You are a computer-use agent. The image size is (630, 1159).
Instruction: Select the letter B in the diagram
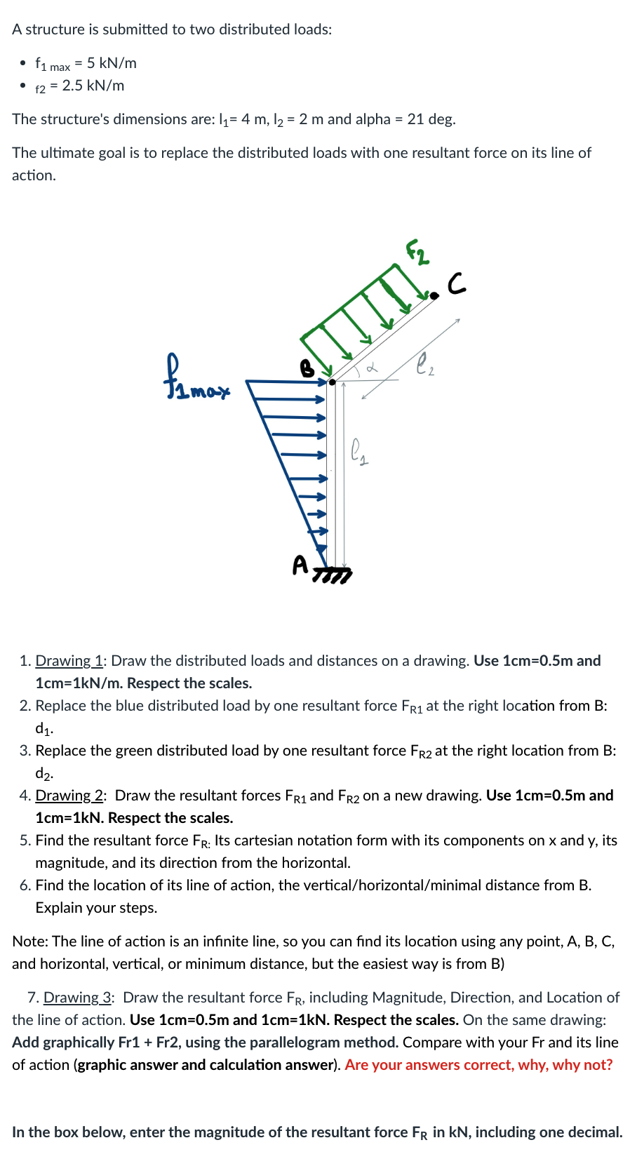pyautogui.click(x=307, y=368)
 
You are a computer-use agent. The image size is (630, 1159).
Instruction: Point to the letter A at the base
pyautogui.click(x=300, y=564)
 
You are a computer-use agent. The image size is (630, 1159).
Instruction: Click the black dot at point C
pyautogui.click(x=434, y=296)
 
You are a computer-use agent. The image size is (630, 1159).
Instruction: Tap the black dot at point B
pyautogui.click(x=333, y=382)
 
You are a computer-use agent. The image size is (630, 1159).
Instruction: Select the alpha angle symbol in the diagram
pyautogui.click(x=373, y=366)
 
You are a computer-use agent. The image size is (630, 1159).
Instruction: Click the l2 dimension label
pyautogui.click(x=424, y=364)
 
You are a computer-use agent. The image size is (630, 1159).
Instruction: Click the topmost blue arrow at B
pyautogui.click(x=288, y=382)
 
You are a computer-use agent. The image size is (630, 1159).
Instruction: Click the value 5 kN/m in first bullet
pyautogui.click(x=112, y=63)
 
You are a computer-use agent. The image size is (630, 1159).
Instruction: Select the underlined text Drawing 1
pyautogui.click(x=69, y=661)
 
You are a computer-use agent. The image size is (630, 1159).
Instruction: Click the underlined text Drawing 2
pyautogui.click(x=69, y=796)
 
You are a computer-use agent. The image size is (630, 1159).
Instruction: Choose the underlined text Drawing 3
pyautogui.click(x=78, y=998)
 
